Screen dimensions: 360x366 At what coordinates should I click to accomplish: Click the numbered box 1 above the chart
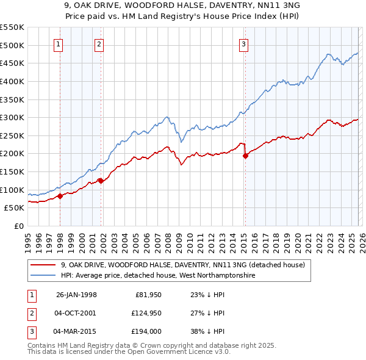(58, 44)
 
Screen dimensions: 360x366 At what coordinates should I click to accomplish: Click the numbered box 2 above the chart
(99, 44)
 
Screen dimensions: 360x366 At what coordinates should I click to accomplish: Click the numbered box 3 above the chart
(243, 44)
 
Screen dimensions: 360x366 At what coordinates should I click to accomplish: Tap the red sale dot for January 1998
(60, 196)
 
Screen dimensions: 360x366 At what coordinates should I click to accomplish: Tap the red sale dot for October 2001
(100, 181)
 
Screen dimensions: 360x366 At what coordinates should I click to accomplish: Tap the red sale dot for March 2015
(245, 156)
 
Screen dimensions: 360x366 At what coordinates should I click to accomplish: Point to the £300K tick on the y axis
(13, 117)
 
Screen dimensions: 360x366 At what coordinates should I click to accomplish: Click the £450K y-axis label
(13, 63)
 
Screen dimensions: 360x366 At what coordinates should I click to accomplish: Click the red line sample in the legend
(44, 265)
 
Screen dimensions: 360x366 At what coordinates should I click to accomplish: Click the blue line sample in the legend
(44, 275)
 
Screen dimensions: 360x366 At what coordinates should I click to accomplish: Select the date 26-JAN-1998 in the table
(76, 295)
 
